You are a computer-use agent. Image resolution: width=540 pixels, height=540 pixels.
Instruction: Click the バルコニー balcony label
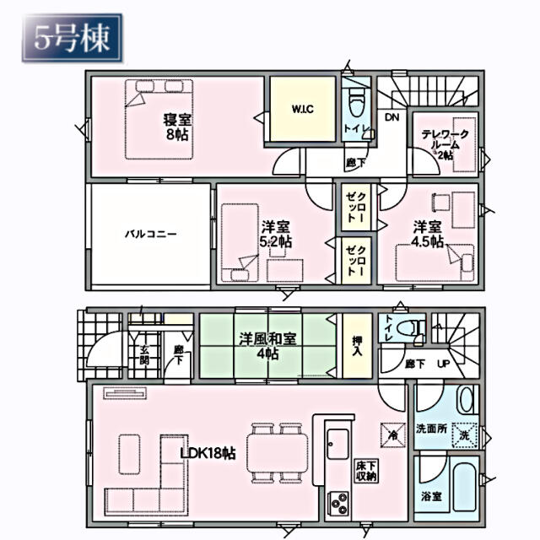tap(151, 234)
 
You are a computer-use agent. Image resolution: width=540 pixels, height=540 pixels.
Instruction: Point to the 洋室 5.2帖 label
tap(276, 234)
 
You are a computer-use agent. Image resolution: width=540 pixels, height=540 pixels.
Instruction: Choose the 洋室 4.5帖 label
tap(428, 234)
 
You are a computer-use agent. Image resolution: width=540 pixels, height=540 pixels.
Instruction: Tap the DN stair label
tap(391, 117)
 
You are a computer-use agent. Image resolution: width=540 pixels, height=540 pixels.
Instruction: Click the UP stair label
tap(442, 364)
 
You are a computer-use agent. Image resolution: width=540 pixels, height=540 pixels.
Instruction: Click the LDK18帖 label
tap(208, 452)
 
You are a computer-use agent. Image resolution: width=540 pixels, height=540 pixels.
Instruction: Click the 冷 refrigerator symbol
tap(391, 435)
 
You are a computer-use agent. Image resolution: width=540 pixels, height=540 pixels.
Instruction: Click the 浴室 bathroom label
tap(431, 496)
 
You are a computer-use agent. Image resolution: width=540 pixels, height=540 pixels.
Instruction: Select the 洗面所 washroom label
tap(430, 428)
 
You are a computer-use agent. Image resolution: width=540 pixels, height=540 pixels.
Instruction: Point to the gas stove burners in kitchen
tap(339, 505)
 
